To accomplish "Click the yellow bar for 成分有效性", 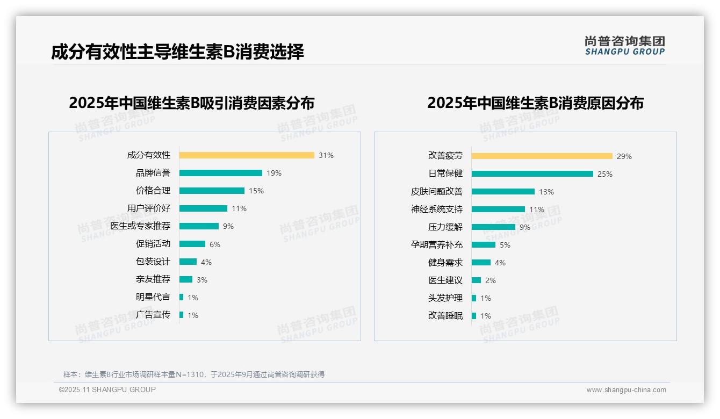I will click(x=247, y=155).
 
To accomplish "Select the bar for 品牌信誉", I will click(x=221, y=173).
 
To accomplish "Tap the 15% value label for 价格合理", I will click(x=256, y=191).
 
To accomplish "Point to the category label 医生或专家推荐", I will click(x=140, y=226).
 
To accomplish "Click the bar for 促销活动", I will click(x=192, y=244).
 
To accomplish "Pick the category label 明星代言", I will click(x=153, y=297).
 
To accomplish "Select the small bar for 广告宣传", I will click(x=182, y=315).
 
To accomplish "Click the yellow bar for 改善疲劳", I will click(x=542, y=156).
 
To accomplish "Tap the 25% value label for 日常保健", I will click(x=605, y=174).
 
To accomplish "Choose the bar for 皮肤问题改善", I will click(x=503, y=192).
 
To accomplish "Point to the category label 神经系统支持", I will click(x=437, y=209).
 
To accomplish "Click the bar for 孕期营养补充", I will click(x=484, y=245).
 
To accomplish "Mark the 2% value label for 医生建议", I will click(x=491, y=280).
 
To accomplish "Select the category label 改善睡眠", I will click(x=445, y=316).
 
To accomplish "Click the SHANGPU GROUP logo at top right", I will click(x=625, y=46).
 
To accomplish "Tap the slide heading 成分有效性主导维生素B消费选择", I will click(x=178, y=52).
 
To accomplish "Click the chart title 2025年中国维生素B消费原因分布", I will click(x=535, y=103).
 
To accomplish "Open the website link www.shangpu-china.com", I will click(x=626, y=390).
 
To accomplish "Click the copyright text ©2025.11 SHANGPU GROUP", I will click(x=107, y=389).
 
